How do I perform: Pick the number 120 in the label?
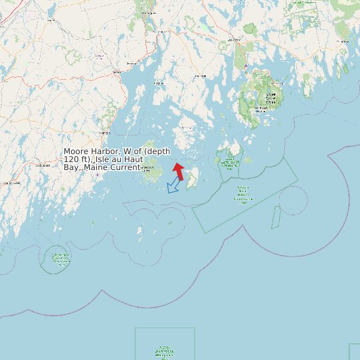point(71,160)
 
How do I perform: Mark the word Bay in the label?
point(71,167)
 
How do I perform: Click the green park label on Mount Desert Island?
point(270,98)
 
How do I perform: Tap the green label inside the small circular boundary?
point(60,259)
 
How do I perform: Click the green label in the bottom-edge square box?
point(165,351)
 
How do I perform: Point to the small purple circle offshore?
point(293,201)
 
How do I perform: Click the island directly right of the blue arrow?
point(192,178)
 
